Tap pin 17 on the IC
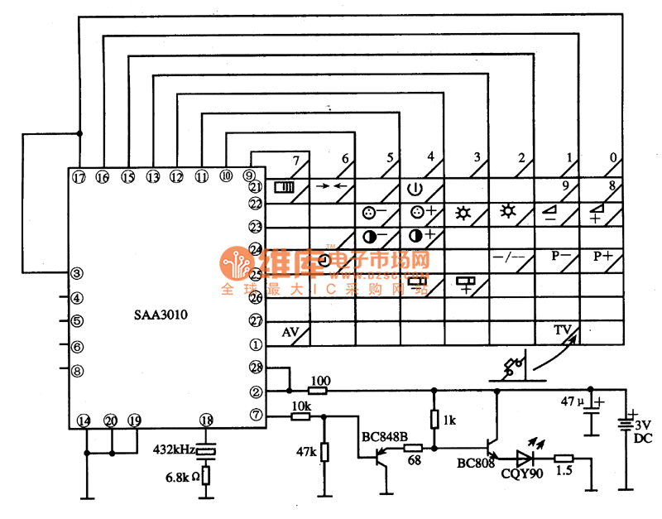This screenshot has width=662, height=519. click(x=79, y=177)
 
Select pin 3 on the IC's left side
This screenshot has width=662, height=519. click(x=76, y=273)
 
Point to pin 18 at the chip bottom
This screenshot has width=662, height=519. click(x=207, y=421)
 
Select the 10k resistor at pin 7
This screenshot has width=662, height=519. click(x=301, y=416)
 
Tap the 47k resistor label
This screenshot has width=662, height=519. click(x=305, y=453)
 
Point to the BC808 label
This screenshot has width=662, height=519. click(x=476, y=464)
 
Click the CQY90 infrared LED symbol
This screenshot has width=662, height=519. click(x=523, y=456)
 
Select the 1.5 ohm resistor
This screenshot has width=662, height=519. click(x=564, y=458)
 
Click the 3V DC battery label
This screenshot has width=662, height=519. click(x=642, y=431)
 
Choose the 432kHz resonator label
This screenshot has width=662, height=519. click(x=174, y=449)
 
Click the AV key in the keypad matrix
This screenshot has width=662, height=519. click(x=290, y=331)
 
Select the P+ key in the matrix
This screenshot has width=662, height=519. click(x=602, y=257)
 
